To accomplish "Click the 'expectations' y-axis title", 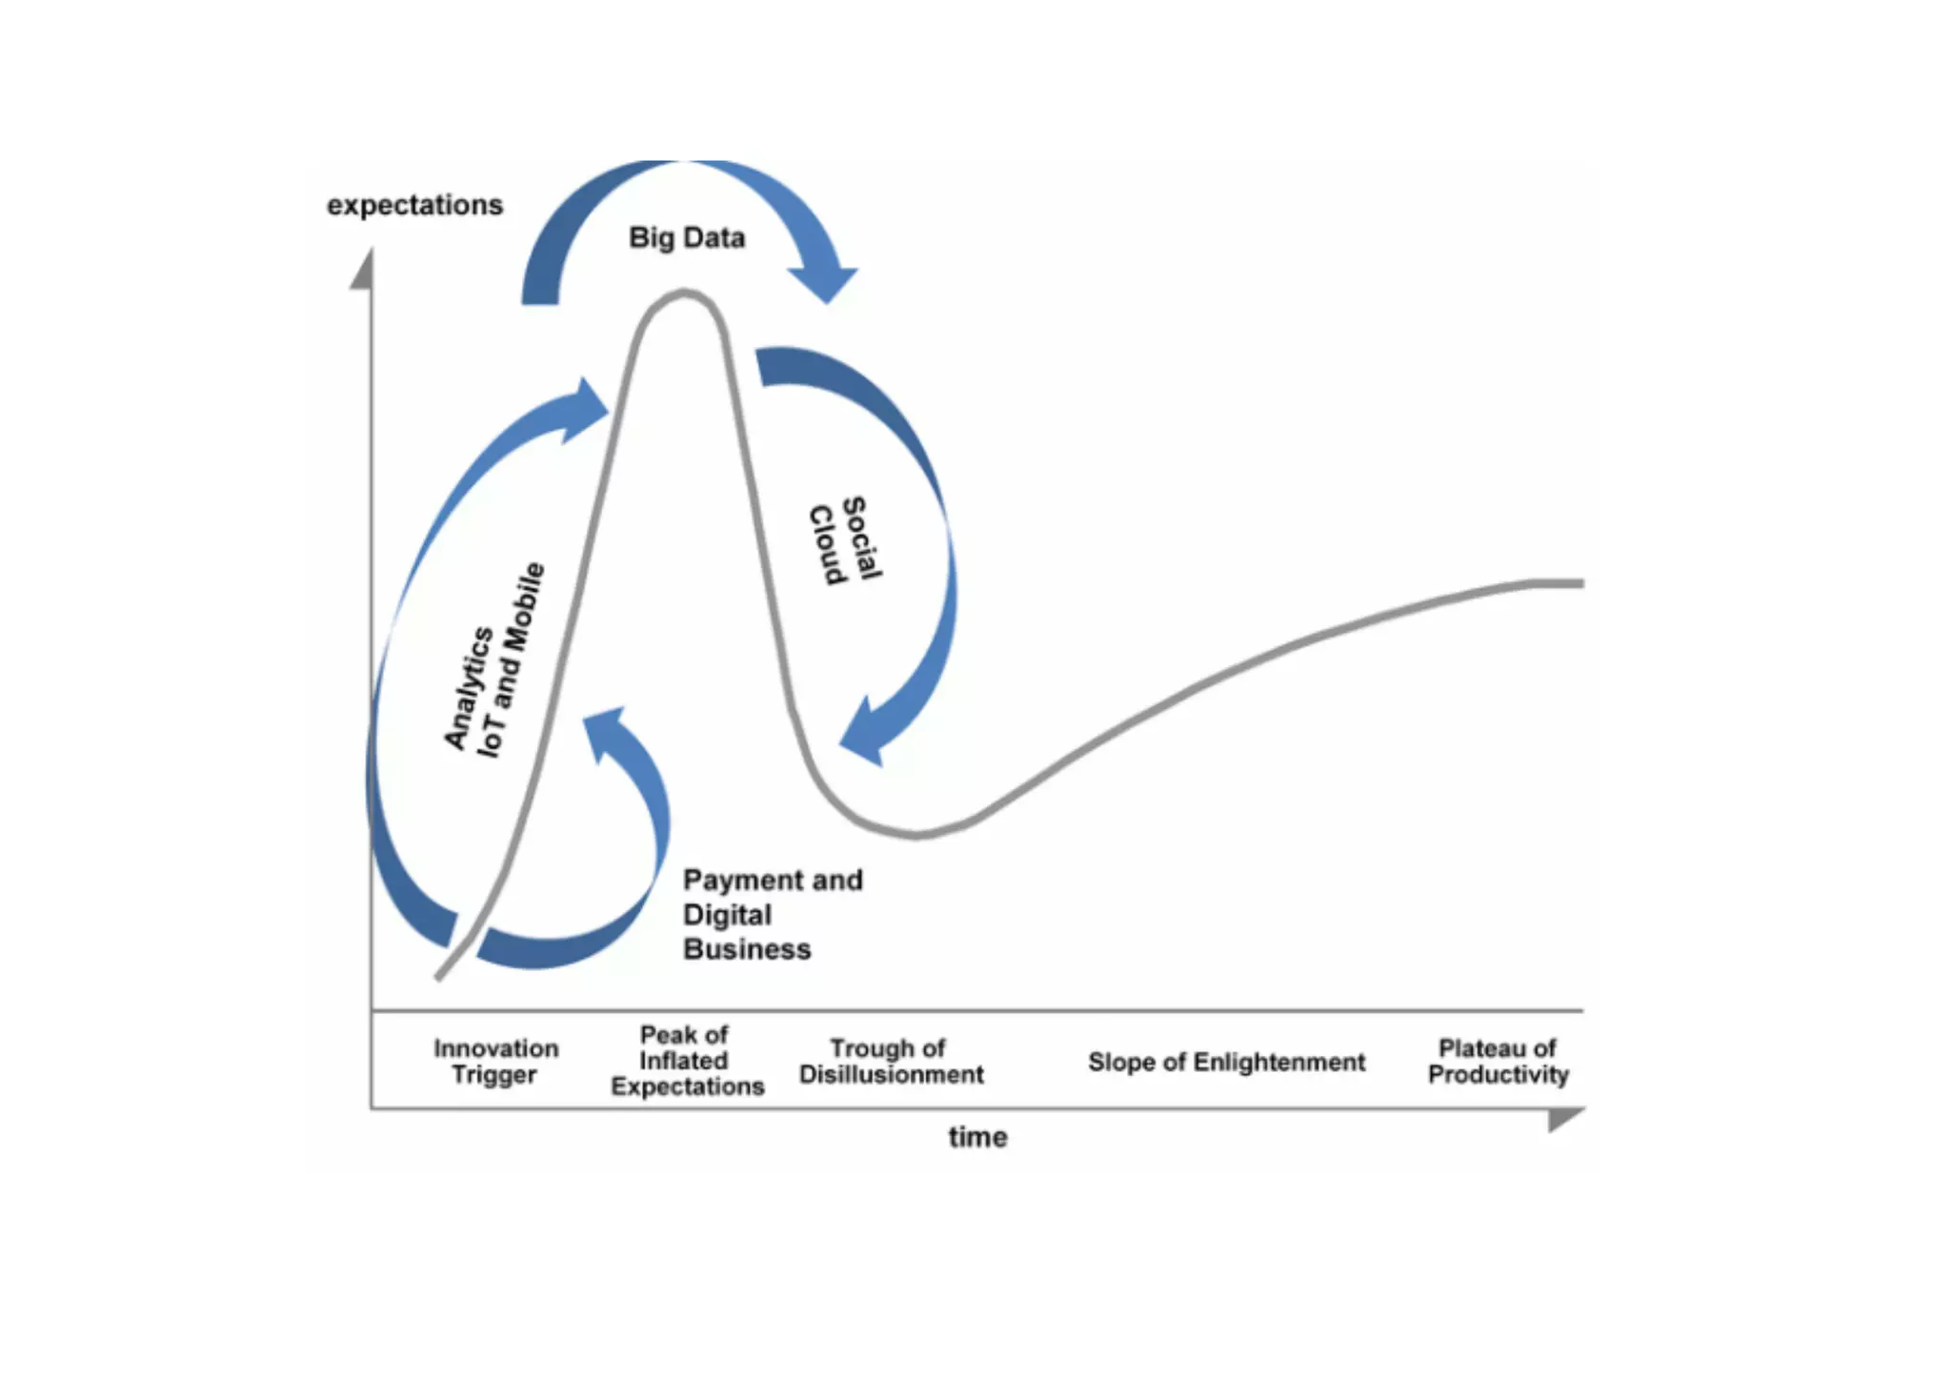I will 414,205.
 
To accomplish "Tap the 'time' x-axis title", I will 977,1137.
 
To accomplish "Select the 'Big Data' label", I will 687,237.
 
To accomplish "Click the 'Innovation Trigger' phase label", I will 495,1062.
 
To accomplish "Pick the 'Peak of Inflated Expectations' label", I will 687,1061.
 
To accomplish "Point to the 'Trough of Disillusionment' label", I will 891,1062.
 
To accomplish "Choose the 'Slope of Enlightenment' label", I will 1226,1062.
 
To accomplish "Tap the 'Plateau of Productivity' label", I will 1498,1062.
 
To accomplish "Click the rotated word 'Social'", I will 863,537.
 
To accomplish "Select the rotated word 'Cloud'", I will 827,544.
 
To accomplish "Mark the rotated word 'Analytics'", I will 468,688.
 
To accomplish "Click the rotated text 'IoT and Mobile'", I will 511,660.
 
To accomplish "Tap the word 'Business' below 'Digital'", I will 747,949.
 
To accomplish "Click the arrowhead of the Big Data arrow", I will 825,280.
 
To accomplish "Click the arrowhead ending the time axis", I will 1564,1117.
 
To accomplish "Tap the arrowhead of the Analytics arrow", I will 586,410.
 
